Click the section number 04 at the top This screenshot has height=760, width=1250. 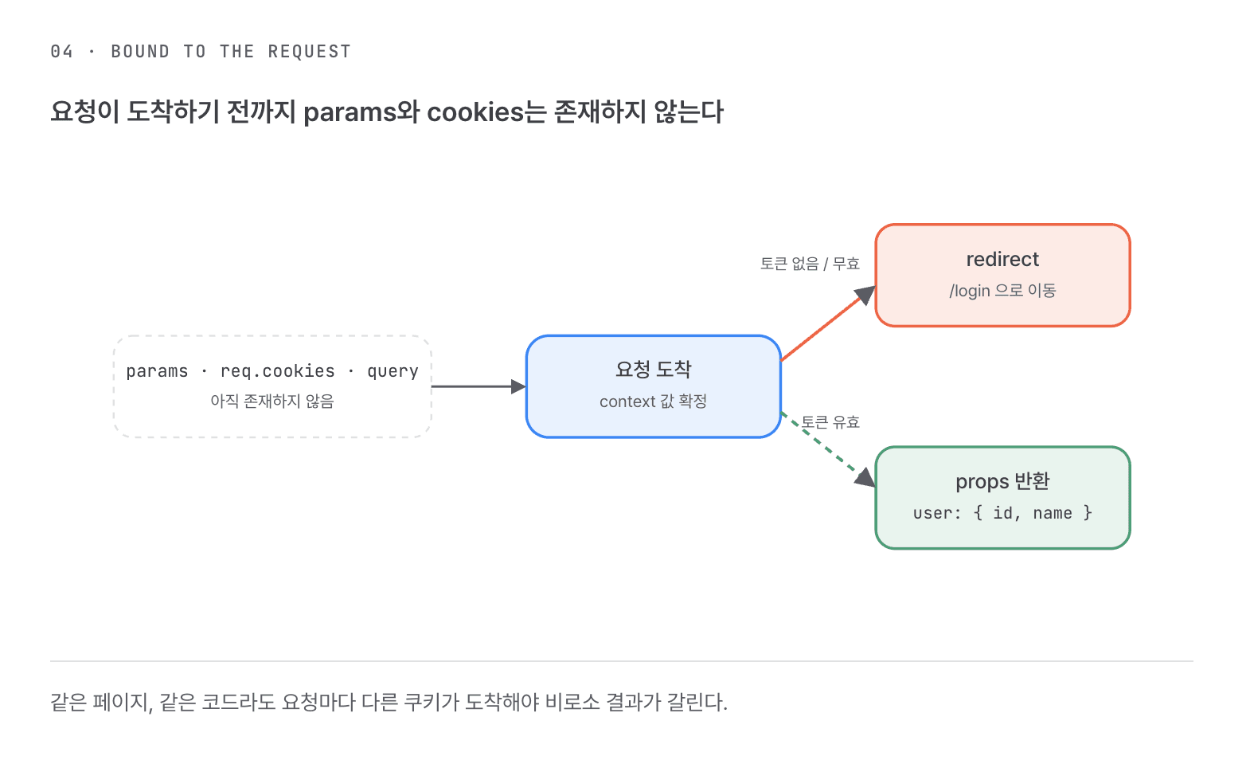coord(62,51)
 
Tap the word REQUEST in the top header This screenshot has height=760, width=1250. coord(309,51)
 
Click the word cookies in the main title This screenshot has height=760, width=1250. coord(475,112)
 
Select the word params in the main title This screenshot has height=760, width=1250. coord(350,113)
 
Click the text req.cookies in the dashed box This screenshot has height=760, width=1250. coord(277,370)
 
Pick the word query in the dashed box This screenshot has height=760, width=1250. coord(393,371)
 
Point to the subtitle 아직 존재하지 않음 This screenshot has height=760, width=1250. coord(272,401)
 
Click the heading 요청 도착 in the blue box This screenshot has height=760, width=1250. coord(654,369)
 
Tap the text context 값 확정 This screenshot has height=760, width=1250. coord(654,401)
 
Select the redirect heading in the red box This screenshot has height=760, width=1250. coord(1002,259)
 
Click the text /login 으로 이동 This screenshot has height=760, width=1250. coord(1002,290)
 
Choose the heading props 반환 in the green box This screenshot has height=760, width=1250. coord(1002,481)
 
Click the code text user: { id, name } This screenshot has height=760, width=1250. coord(1002,512)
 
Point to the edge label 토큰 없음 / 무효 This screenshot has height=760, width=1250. coord(810,264)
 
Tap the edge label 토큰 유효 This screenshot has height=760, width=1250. coord(830,422)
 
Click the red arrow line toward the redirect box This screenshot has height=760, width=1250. coord(828,323)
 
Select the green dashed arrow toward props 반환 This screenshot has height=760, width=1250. coord(828,449)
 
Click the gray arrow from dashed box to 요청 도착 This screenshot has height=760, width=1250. coord(479,386)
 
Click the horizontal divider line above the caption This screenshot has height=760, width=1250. coord(622,661)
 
